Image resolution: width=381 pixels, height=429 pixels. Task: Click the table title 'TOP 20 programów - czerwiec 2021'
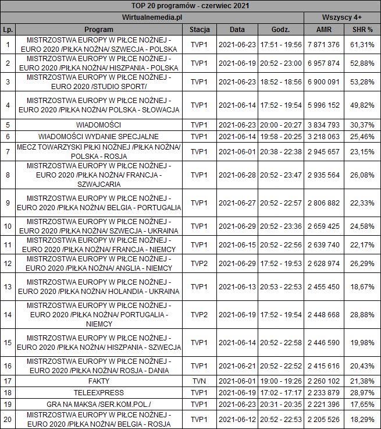tap(190, 5)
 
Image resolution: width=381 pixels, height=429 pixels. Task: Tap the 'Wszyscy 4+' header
tap(342, 17)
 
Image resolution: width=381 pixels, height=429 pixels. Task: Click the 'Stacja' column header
tap(200, 29)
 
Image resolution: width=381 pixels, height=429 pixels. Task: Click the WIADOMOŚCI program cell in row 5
tap(98, 125)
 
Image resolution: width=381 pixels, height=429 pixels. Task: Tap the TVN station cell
tap(200, 381)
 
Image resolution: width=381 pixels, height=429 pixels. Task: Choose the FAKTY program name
tap(98, 381)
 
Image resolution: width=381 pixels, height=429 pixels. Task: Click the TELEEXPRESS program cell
tap(98, 392)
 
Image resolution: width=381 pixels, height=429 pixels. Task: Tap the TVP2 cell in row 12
tap(200, 263)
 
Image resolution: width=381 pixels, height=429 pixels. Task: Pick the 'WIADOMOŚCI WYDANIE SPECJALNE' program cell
tap(98, 136)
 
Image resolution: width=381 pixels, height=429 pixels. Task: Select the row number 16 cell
tap(8, 366)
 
